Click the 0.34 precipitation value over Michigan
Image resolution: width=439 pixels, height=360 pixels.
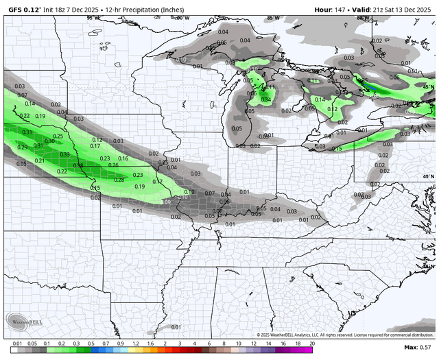click(x=266, y=100)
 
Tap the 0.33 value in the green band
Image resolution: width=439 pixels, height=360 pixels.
click(x=64, y=155)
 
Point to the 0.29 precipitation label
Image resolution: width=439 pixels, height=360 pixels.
click(x=22, y=147)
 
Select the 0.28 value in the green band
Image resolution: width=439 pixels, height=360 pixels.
click(x=119, y=180)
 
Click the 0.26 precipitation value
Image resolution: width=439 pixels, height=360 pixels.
click(x=114, y=165)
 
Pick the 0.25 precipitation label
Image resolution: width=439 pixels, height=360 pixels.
click(x=58, y=136)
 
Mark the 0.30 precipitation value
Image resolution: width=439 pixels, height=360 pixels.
click(x=49, y=141)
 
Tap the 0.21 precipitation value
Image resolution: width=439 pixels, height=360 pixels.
click(x=40, y=160)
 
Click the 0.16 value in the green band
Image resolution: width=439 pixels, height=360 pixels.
click(x=123, y=158)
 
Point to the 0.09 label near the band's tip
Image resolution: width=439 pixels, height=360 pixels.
click(x=166, y=202)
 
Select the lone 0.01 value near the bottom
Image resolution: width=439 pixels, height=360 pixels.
click(x=176, y=327)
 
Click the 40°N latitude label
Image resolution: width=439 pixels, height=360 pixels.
click(x=429, y=177)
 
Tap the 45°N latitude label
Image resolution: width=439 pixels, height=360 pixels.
click(x=429, y=87)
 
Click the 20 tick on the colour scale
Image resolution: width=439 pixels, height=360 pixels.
click(x=312, y=342)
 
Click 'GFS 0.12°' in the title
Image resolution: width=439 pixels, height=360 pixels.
click(x=23, y=9)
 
